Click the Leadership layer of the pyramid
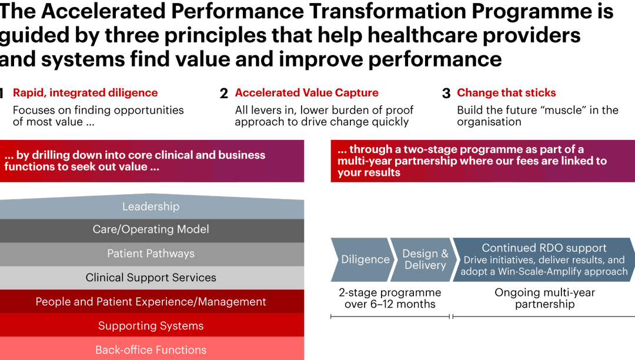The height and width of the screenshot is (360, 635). click(151, 207)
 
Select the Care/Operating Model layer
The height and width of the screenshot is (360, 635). click(151, 230)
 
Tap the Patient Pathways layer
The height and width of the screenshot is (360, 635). click(151, 254)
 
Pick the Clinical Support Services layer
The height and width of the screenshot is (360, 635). click(151, 278)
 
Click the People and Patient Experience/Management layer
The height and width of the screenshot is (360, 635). click(151, 302)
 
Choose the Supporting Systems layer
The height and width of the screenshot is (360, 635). click(151, 326)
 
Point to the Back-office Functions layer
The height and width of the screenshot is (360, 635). click(151, 350)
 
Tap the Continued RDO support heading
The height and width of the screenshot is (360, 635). click(544, 248)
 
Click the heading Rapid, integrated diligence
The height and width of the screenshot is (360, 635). click(85, 93)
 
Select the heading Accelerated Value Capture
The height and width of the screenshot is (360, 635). click(306, 93)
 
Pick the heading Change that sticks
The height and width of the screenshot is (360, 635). click(506, 93)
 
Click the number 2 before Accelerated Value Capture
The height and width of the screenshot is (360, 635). click(224, 94)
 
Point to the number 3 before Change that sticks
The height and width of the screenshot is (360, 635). click(446, 94)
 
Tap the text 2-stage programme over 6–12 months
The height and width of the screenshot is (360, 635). click(390, 298)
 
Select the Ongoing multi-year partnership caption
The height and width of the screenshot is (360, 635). click(544, 298)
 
